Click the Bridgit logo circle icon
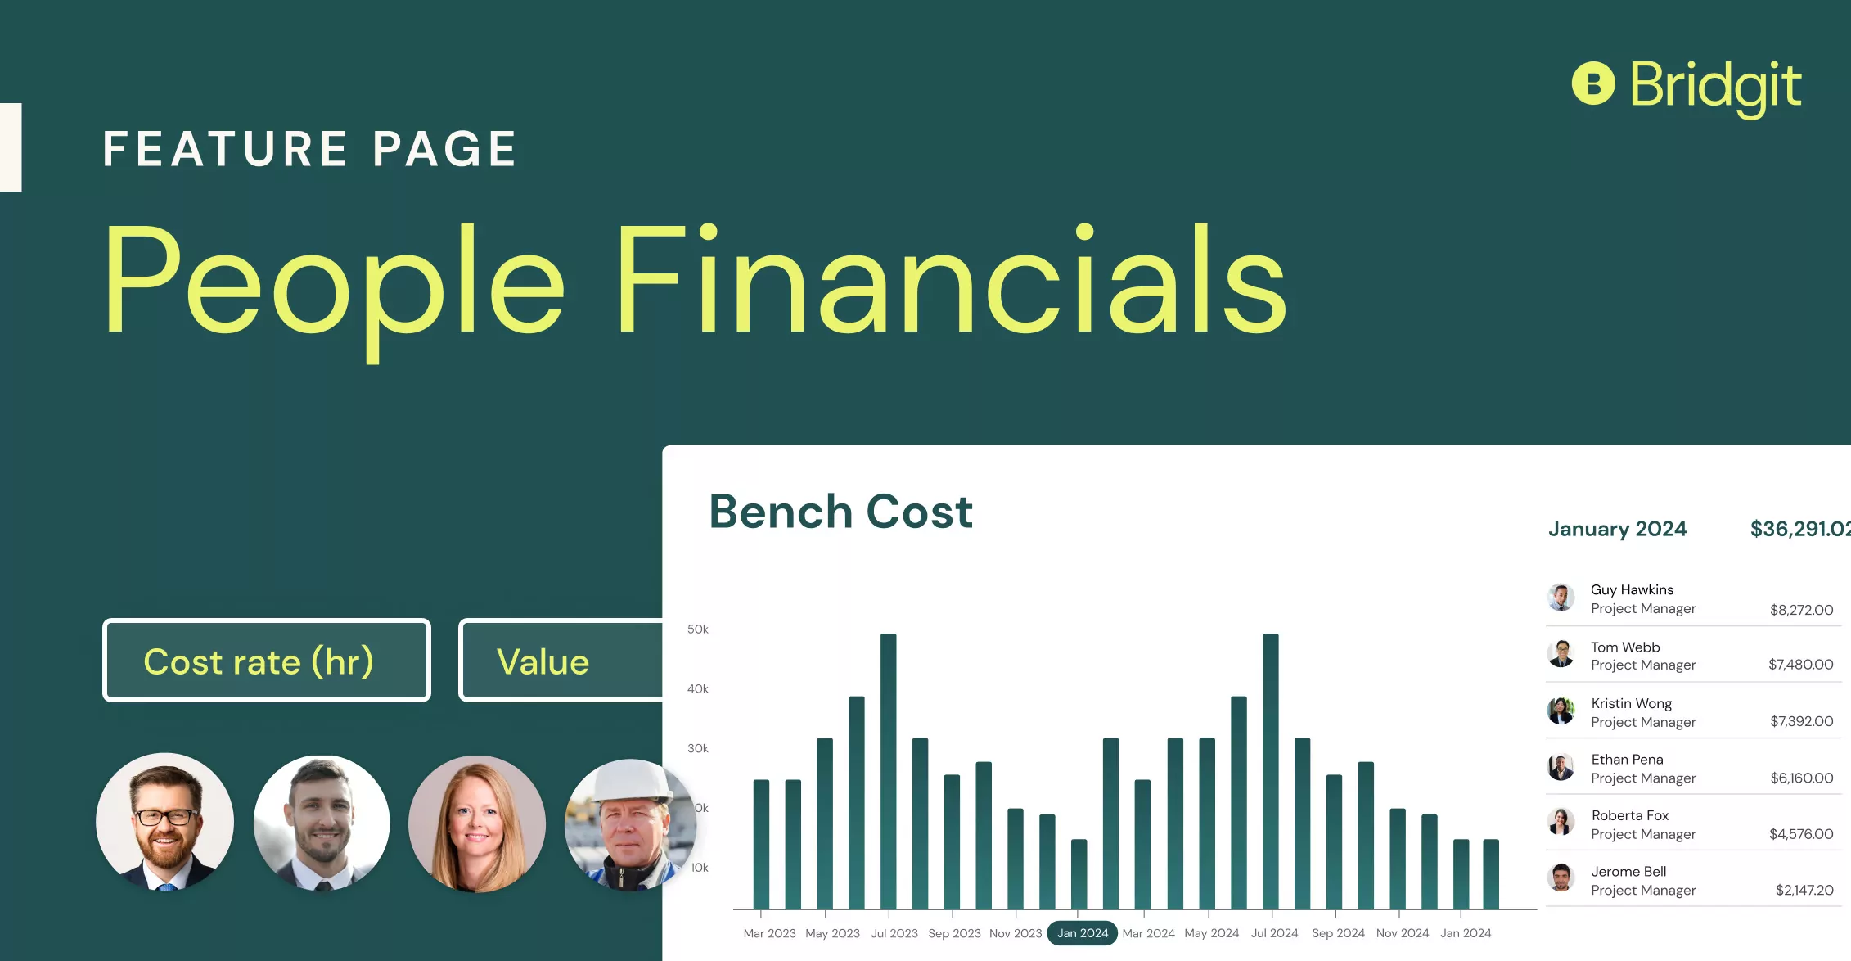click(x=1592, y=83)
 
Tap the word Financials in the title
click(x=949, y=282)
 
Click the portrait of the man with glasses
click(x=165, y=821)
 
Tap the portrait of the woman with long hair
click(x=477, y=823)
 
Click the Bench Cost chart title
click(x=840, y=512)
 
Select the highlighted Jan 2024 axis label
click(x=1082, y=933)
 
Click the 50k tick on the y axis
click(x=697, y=629)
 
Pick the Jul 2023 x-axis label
click(x=894, y=933)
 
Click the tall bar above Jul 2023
click(x=888, y=769)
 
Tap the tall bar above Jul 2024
click(x=1270, y=769)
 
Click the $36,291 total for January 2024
click(x=1799, y=529)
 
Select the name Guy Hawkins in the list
click(x=1632, y=589)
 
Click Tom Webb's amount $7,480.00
click(x=1800, y=665)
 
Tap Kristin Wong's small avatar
click(x=1561, y=711)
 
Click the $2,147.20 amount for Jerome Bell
click(x=1804, y=890)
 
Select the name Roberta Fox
click(x=1629, y=815)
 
